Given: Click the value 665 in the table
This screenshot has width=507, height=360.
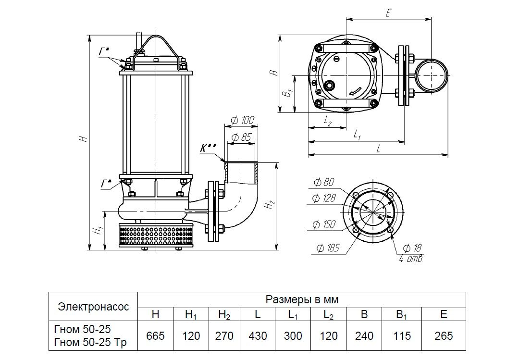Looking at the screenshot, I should [155, 335].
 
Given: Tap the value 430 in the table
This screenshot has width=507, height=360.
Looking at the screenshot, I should [258, 335].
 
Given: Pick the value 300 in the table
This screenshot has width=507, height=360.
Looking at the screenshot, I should [293, 335].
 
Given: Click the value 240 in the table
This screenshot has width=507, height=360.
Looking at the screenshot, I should [364, 335].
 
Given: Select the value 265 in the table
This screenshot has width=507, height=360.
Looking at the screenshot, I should [443, 335].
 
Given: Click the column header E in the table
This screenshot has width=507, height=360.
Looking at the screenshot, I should [443, 315].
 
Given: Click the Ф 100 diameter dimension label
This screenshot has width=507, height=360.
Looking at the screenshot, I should [242, 120].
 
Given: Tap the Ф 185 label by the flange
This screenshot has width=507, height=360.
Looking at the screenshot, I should [328, 248].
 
